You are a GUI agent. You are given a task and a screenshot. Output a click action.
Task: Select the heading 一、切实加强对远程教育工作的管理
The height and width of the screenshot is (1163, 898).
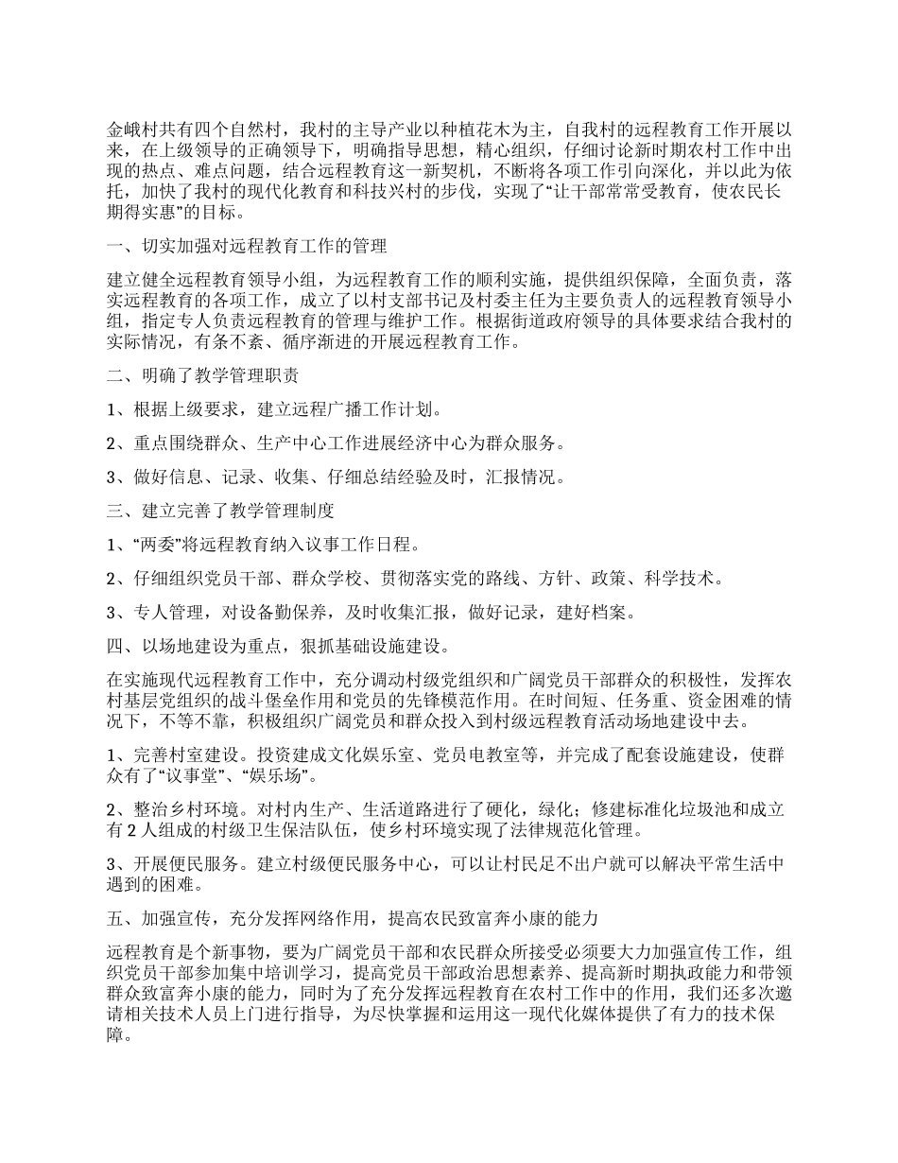(247, 247)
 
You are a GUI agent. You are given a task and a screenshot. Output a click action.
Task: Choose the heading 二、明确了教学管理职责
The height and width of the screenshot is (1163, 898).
(203, 376)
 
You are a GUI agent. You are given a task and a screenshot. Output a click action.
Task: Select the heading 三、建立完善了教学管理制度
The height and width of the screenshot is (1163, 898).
(220, 512)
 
